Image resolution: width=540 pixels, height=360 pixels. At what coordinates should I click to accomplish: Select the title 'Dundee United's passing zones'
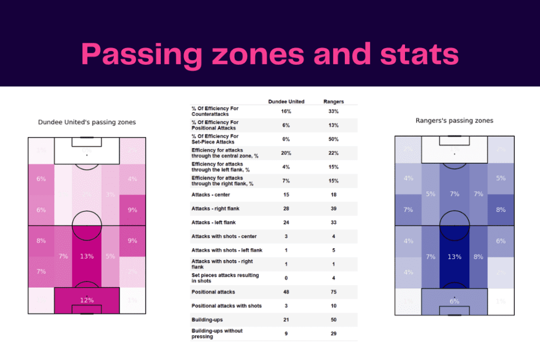point(86,122)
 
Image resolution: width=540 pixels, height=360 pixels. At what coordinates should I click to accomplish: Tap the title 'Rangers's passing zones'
point(454,121)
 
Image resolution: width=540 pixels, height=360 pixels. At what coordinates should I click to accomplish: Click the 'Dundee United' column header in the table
point(286,102)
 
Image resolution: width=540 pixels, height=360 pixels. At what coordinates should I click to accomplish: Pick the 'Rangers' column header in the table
point(333,102)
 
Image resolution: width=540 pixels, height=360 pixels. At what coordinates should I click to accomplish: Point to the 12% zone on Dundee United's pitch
point(86,300)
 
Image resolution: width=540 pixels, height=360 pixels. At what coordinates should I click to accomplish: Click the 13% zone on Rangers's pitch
point(454,257)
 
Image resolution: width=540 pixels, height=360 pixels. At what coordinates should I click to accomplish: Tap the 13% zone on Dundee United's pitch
point(86,256)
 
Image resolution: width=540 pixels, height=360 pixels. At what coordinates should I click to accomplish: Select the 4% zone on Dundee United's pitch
point(132,179)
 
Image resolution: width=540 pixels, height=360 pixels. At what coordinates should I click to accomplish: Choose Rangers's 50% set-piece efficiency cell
point(333,139)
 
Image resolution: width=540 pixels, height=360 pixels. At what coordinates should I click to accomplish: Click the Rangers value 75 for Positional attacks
point(333,292)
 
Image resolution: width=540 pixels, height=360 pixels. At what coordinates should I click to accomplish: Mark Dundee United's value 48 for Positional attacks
point(286,292)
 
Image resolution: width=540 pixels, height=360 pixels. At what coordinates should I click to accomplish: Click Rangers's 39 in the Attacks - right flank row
point(333,209)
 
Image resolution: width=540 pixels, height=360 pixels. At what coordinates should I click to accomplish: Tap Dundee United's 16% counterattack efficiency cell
point(286,112)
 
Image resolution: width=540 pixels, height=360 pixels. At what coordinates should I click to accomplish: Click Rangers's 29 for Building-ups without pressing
point(333,334)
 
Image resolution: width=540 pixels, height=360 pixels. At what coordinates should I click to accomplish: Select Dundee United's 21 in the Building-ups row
point(286,320)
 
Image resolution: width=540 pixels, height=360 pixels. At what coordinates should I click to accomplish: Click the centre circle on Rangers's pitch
point(454,226)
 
